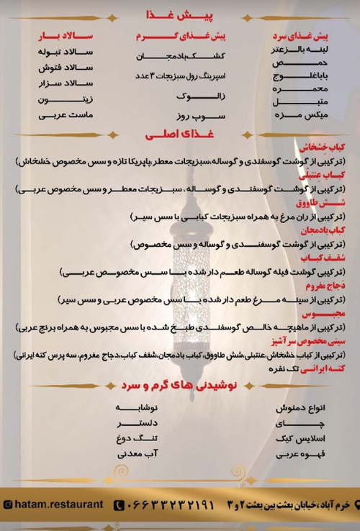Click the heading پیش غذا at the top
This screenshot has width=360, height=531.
[x=179, y=14]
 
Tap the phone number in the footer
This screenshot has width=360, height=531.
[x=168, y=505]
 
